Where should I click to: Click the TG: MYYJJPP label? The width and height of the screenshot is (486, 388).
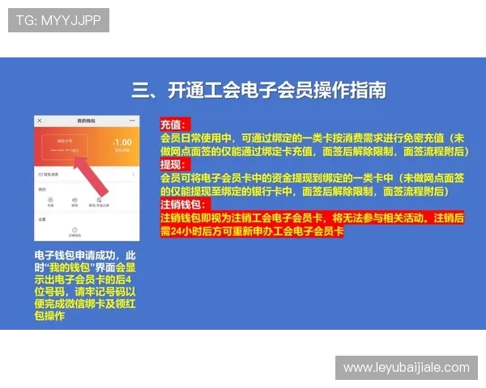pos(58,20)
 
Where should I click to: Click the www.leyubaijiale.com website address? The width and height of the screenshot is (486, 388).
pos(406,368)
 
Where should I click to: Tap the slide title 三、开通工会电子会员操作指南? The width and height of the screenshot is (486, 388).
pos(258,89)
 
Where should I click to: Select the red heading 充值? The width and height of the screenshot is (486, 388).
pos(173,126)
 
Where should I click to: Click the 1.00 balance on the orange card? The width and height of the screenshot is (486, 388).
pos(124,142)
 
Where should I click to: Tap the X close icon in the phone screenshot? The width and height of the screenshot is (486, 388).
pos(40,120)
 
